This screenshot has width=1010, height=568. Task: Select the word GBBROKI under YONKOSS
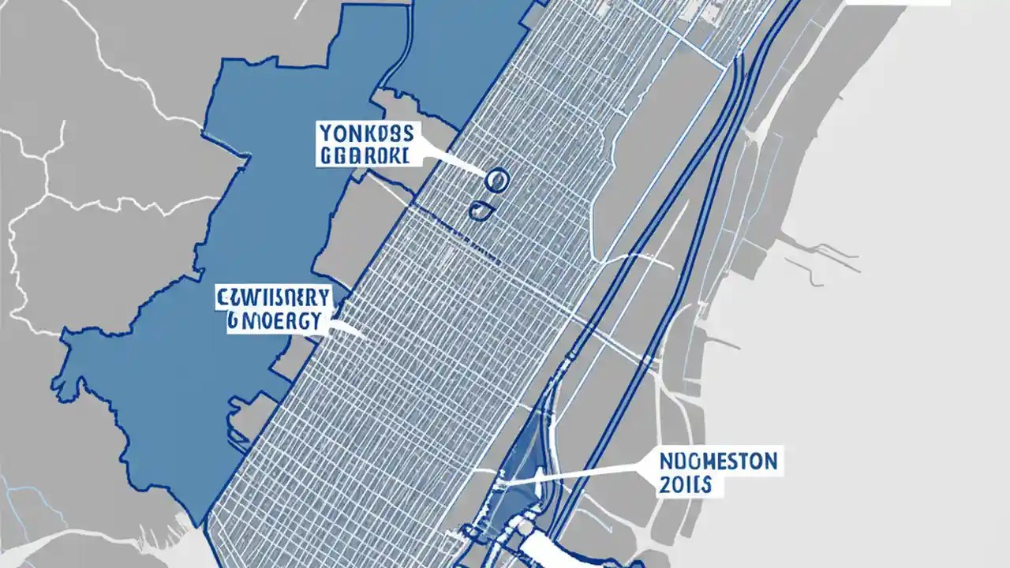pos(364,155)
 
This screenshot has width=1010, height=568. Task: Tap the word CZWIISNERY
pos(274,297)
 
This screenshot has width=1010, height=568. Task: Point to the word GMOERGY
pos(274,321)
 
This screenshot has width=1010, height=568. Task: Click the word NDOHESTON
pos(719,461)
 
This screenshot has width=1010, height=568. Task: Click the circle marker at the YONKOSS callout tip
pos(496,181)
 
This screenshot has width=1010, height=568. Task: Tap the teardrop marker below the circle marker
pos(479,210)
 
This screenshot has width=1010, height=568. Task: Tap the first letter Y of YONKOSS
pos(324,133)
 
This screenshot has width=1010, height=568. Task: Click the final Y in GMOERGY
pos(315,321)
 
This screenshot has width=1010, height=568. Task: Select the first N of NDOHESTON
pos(665,461)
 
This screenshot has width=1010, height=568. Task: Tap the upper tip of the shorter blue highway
pos(739,59)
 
